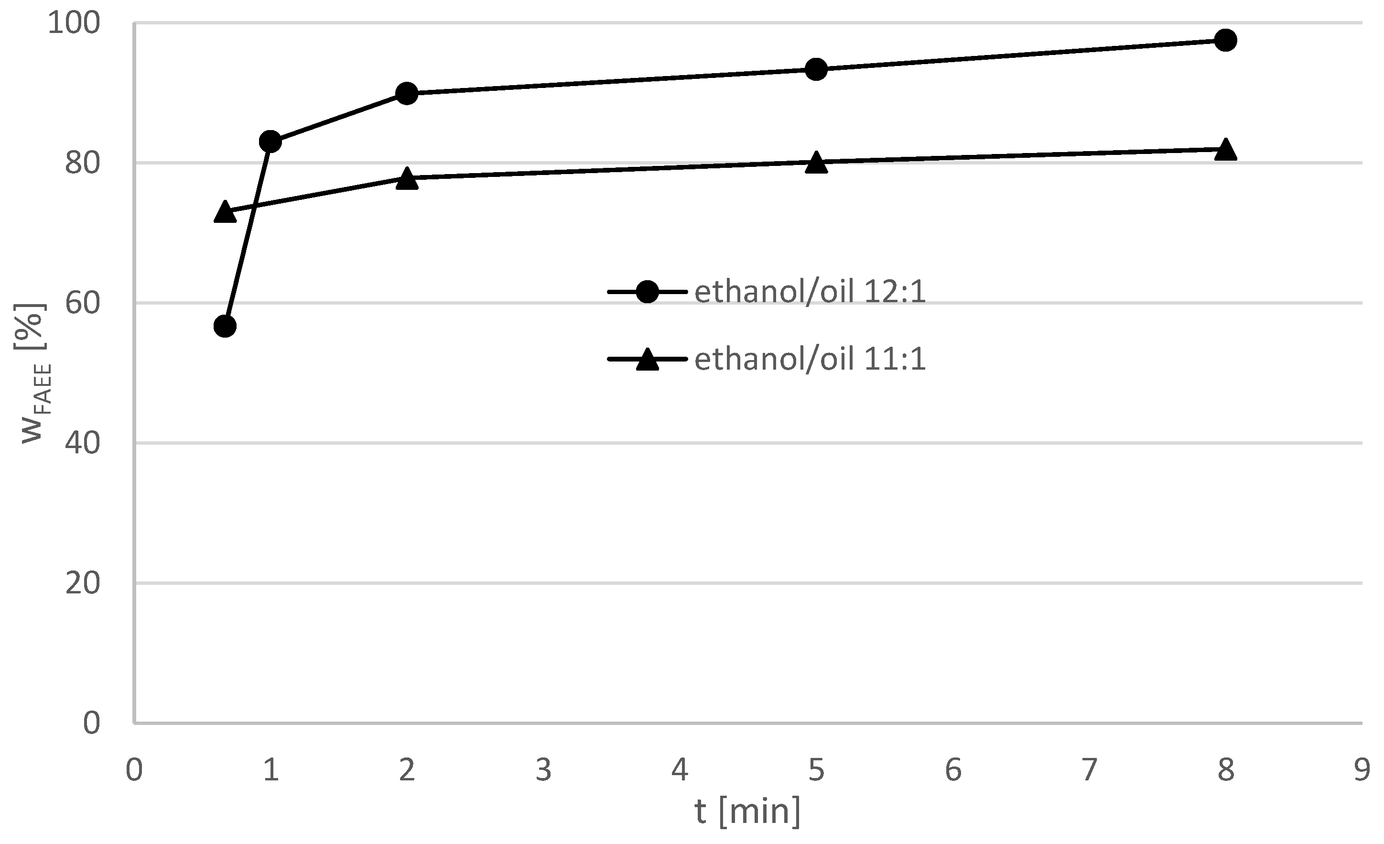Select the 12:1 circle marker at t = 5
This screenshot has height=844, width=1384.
(x=816, y=69)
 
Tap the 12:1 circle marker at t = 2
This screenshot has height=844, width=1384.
(x=407, y=93)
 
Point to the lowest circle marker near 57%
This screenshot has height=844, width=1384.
(x=225, y=326)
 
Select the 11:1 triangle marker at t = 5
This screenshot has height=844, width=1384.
(x=816, y=163)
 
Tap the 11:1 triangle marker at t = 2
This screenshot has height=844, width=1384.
(x=407, y=179)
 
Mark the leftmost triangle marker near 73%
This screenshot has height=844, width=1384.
(x=225, y=212)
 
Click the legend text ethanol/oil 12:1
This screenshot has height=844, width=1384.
(x=810, y=292)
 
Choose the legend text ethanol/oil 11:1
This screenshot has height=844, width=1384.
(x=810, y=360)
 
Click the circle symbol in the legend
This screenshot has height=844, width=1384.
(x=647, y=292)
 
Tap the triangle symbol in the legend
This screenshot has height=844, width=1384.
(x=647, y=360)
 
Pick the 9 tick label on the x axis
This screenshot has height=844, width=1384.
(x=1362, y=770)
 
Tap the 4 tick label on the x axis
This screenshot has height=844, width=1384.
(x=680, y=770)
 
